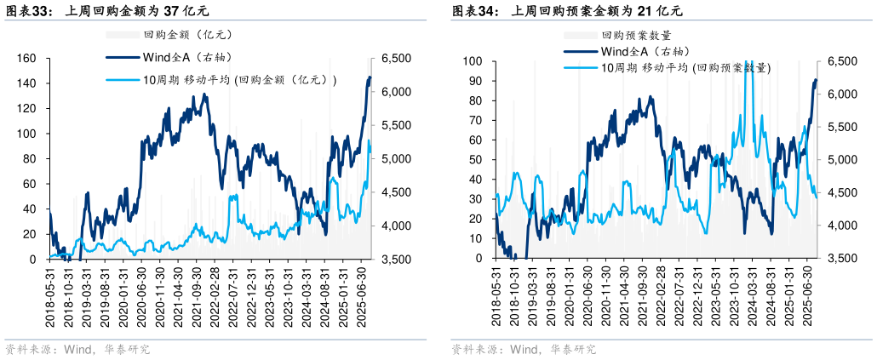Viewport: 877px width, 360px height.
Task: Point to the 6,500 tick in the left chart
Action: click(396, 59)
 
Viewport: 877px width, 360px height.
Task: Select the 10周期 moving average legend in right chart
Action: click(685, 68)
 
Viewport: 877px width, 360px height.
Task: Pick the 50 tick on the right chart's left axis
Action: click(476, 160)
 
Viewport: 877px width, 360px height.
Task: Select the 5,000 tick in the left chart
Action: click(396, 159)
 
